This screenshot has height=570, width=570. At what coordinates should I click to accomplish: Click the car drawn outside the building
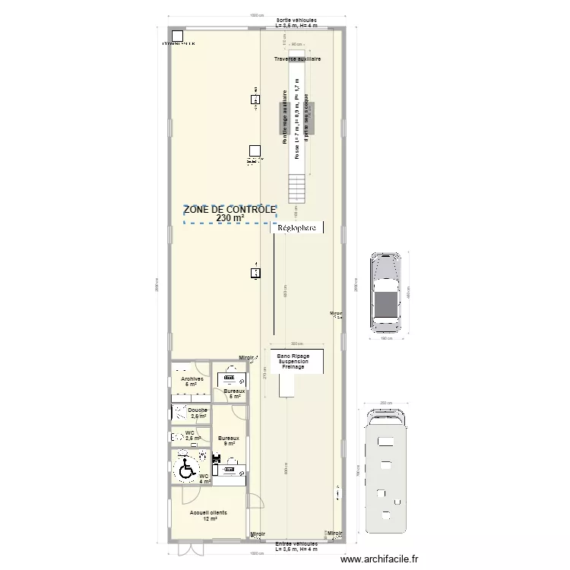[x=386, y=291]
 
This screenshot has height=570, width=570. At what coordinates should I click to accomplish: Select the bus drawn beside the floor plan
[x=385, y=471]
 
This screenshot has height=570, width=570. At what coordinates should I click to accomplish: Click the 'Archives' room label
[x=191, y=379]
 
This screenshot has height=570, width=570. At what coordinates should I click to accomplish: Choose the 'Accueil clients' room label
[x=208, y=513]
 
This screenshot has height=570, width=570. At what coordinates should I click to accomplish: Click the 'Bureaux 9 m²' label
[x=229, y=440]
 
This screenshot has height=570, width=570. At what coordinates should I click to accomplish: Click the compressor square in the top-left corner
[x=178, y=36]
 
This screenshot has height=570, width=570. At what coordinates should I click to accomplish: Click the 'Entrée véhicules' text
[x=296, y=546]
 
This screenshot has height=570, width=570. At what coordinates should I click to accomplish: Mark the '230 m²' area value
[x=230, y=218]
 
